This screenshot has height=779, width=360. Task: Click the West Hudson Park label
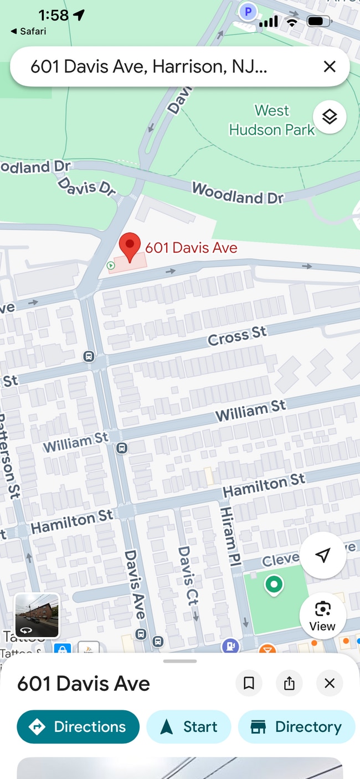(x=272, y=120)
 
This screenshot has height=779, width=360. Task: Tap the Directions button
(x=78, y=726)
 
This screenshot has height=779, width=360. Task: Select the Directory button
(x=296, y=726)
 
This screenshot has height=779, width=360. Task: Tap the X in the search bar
(x=330, y=67)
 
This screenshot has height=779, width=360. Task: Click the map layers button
(x=330, y=117)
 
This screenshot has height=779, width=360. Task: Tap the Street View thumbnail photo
(x=37, y=616)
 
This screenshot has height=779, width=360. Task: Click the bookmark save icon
(x=249, y=684)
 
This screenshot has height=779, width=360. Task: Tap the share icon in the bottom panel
(x=289, y=684)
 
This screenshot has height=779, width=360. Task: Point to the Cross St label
(x=237, y=336)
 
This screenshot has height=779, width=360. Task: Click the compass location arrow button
(x=323, y=555)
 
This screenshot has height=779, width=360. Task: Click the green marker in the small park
(x=273, y=584)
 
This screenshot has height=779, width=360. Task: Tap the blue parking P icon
(x=248, y=11)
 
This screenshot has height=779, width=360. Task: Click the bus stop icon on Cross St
(x=88, y=356)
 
